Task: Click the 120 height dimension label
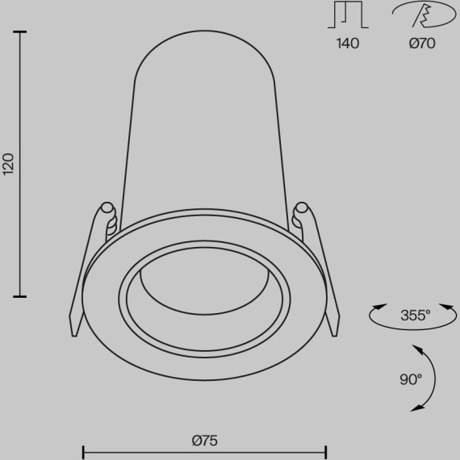point(9,163)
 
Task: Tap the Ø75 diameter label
point(206,441)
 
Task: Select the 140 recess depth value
point(348,44)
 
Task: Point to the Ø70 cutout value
point(421,44)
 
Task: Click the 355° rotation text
point(415,316)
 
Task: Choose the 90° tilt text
point(410,379)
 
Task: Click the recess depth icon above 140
point(347,17)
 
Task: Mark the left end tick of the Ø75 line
point(84,450)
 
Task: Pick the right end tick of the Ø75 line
point(326,450)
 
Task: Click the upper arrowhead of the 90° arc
point(417,348)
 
